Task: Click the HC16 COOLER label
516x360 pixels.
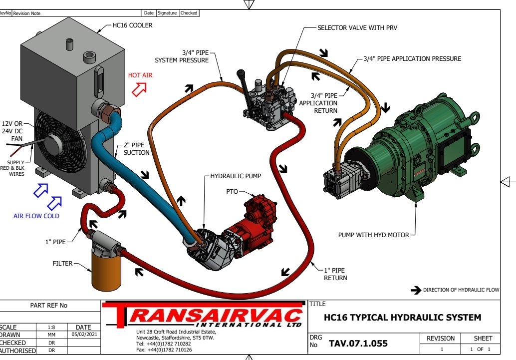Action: pos(132,25)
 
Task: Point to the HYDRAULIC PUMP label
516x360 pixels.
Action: pos(236,176)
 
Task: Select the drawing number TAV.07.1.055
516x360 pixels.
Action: pos(358,344)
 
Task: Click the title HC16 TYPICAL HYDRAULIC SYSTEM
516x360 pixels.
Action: pos(402,317)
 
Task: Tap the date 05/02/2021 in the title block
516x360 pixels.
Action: pos(83,335)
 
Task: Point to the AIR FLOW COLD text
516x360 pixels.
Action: pos(36,216)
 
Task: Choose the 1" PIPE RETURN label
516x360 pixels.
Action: pos(335,274)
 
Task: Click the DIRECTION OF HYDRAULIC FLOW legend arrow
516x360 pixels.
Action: pos(415,290)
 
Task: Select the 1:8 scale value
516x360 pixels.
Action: pos(51,328)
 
